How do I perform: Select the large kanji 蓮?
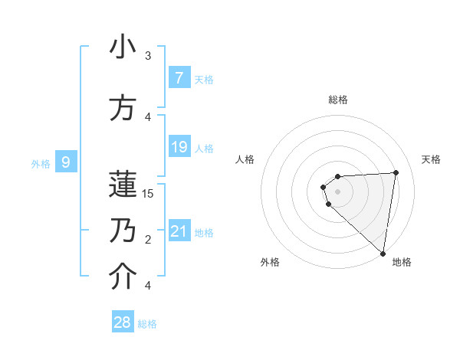pyautogui.click(x=123, y=184)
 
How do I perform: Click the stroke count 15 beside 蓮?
pyautogui.click(x=148, y=194)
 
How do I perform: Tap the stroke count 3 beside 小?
pyautogui.click(x=148, y=56)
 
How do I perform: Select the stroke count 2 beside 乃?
pyautogui.click(x=148, y=240)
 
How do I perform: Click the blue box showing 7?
pyautogui.click(x=179, y=77)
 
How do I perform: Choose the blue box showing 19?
pyautogui.click(x=179, y=147)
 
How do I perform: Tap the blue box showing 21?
pyautogui.click(x=179, y=231)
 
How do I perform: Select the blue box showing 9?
pyautogui.click(x=66, y=162)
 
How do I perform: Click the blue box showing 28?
pyautogui.click(x=122, y=322)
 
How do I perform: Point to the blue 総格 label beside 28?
pyautogui.click(x=147, y=324)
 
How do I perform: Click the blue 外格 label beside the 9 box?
pyautogui.click(x=40, y=163)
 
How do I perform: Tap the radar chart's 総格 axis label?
pyautogui.click(x=338, y=100)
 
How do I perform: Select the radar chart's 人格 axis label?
pyautogui.click(x=245, y=159)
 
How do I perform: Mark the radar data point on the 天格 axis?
pyautogui.click(x=396, y=172)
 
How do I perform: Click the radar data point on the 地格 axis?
pyautogui.click(x=383, y=253)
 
